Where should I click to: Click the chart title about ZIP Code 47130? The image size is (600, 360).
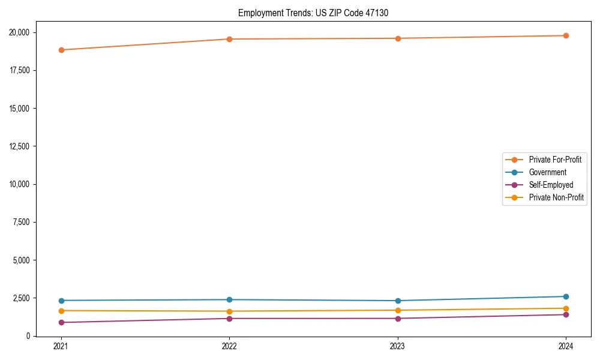tap(313, 13)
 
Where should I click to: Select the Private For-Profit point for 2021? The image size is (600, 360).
tap(61, 50)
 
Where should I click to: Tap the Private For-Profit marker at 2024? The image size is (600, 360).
tap(566, 35)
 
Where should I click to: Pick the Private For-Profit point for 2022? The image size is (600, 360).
tap(229, 39)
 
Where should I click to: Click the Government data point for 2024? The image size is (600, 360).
tap(566, 296)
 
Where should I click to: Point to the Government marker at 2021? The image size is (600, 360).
tap(61, 301)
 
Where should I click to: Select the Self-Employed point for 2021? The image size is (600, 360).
tap(61, 322)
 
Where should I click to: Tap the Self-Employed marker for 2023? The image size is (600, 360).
tap(398, 318)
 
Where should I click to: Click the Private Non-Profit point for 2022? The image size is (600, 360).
tap(229, 311)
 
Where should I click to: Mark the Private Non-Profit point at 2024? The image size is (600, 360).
tap(566, 308)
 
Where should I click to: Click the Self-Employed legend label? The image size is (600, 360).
tap(551, 185)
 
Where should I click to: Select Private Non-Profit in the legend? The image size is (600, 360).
tap(556, 197)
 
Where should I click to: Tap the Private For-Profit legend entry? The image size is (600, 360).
tap(555, 160)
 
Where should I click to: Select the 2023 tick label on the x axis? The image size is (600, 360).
tap(398, 346)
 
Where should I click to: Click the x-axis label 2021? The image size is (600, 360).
tap(61, 346)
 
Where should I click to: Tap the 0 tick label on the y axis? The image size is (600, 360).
tap(34, 336)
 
